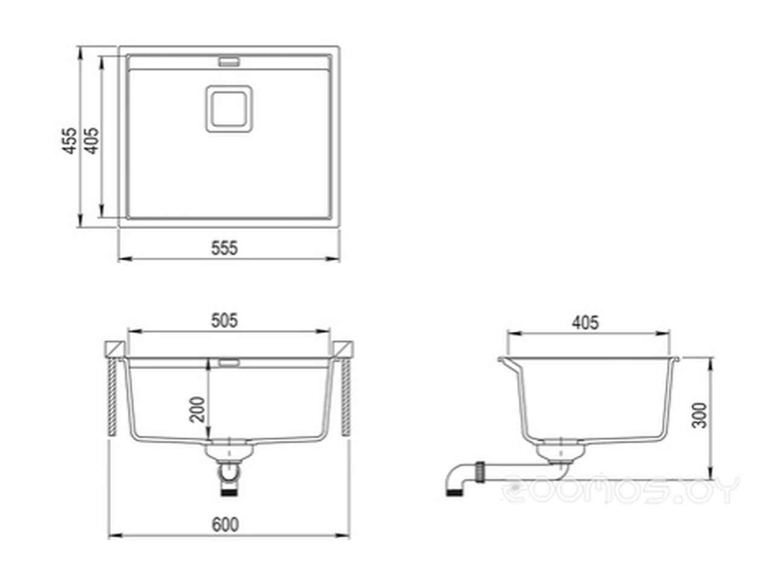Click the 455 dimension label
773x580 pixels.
coord(69,141)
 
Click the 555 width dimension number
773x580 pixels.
coord(224,248)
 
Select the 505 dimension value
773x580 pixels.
coord(224,320)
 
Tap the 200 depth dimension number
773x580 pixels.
coord(197,410)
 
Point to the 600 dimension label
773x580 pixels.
coord(225,524)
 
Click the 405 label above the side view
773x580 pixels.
coord(585,323)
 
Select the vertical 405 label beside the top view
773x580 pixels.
coord(92,141)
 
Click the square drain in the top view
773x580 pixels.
coord(229,109)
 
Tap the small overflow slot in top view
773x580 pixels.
coord(229,62)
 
